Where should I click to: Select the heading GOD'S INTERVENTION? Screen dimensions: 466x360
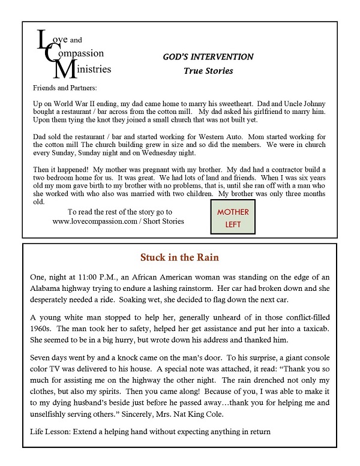(x=208, y=57)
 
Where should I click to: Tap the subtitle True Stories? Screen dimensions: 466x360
(x=208, y=71)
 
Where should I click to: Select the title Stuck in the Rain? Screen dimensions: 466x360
(x=179, y=258)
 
